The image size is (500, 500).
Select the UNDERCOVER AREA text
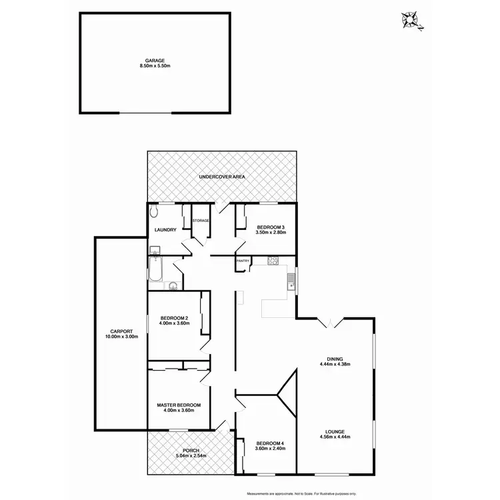pyautogui.click(x=223, y=177)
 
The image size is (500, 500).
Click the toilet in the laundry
pyautogui.click(x=154, y=211)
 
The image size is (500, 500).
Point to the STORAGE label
pyautogui.click(x=201, y=220)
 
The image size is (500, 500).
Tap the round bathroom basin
pyautogui.click(x=173, y=286)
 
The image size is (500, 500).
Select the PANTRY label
pyautogui.click(x=243, y=261)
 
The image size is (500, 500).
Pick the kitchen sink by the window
pyautogui.click(x=291, y=281)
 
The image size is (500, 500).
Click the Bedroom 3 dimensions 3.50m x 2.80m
pyautogui.click(x=271, y=231)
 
